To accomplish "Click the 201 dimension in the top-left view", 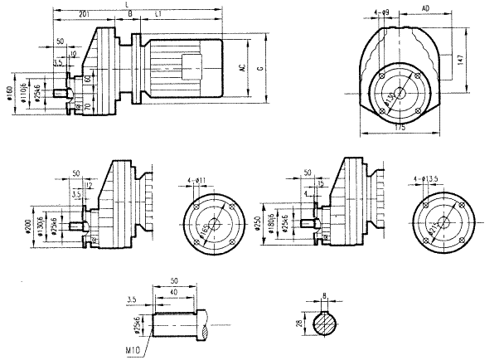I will click(84, 15).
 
